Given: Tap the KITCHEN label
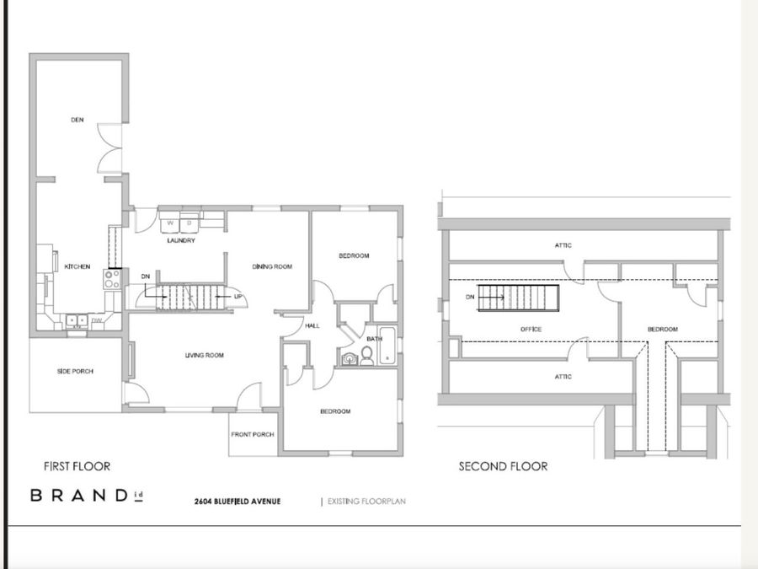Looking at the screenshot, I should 77,266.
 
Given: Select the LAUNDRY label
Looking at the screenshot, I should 181,241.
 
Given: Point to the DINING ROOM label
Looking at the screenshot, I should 272,266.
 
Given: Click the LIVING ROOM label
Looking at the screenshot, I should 204,356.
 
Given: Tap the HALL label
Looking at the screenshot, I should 312,325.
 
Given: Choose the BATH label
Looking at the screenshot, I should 374,339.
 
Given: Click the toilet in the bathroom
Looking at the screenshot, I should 367,357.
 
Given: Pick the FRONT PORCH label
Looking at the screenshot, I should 252,435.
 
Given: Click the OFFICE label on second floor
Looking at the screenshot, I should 531,329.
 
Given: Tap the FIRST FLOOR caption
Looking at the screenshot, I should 77,466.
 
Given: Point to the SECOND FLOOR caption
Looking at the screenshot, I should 503,466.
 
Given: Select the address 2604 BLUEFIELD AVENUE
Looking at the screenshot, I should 238,502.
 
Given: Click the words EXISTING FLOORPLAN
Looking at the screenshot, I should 362,502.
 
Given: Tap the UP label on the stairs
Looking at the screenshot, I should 238,297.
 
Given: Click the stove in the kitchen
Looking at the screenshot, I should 110,279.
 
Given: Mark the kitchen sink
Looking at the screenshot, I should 77,320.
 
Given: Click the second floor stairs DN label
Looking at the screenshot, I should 470,297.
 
